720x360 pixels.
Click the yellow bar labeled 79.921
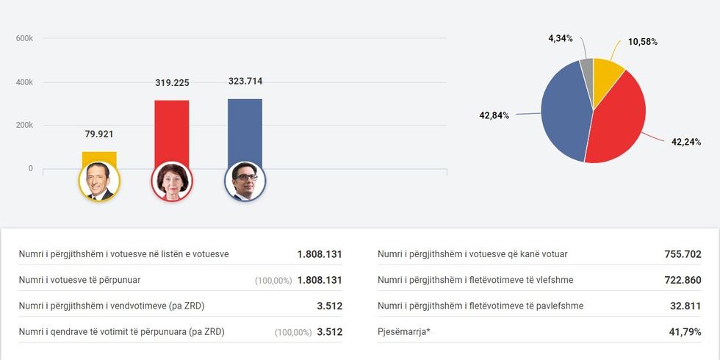coord(99,157)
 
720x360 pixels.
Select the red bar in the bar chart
coord(172,132)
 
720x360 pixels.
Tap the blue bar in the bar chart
coord(245,131)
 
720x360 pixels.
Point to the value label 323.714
coord(245,82)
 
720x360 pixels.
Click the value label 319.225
coord(172,83)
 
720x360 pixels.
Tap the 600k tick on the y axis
coord(24,38)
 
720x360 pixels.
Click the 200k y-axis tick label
coord(24,125)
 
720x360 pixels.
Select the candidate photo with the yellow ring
coord(99,181)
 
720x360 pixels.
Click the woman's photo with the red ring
coord(172,181)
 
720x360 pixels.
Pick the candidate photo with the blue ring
coord(245,181)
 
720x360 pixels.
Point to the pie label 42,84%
coord(494,115)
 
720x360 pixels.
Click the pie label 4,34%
coord(561,38)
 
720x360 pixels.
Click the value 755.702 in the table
coord(682,254)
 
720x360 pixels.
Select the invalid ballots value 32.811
coord(685,306)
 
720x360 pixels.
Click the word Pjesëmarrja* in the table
coord(404,332)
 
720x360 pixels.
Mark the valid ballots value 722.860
coord(682,280)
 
